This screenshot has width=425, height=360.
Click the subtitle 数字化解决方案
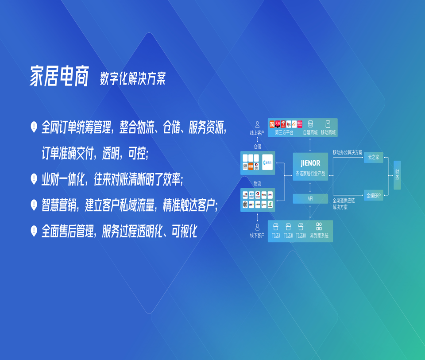point(132,79)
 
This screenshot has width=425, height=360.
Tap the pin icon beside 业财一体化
point(34,179)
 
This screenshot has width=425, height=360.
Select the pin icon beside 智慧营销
point(34,205)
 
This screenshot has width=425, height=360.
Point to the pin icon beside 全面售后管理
point(34,231)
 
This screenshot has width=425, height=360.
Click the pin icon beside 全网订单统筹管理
point(34,127)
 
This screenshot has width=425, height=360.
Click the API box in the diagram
point(310,198)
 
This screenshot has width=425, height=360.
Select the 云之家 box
point(373,157)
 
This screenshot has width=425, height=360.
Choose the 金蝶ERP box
point(373,195)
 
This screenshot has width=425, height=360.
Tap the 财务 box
point(397,175)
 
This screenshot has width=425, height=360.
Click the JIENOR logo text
point(310,163)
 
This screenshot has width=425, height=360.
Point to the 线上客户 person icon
point(257,125)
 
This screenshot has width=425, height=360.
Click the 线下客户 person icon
point(257,228)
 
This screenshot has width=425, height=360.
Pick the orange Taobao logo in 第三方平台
point(272,124)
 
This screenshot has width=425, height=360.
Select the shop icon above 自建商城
point(310,124)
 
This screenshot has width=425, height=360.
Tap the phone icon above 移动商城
point(328,124)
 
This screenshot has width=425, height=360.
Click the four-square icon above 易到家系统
point(319,227)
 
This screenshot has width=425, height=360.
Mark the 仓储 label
point(257,146)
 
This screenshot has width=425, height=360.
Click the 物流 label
point(257,183)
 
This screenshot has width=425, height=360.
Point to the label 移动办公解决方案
point(348,152)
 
